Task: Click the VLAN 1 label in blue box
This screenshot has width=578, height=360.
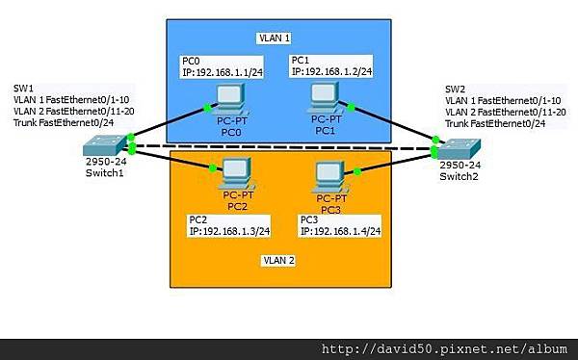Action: [x=276, y=39]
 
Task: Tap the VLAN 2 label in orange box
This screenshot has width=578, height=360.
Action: [x=278, y=260]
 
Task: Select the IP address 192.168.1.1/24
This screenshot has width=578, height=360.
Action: [x=223, y=70]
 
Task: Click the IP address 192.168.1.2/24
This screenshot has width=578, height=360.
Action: [x=331, y=70]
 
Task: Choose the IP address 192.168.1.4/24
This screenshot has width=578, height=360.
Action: [x=341, y=231]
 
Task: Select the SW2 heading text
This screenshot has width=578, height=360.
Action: [x=454, y=89]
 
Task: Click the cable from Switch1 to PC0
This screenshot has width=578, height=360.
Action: [x=169, y=124]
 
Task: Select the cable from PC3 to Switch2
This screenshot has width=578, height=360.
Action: [x=396, y=163]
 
